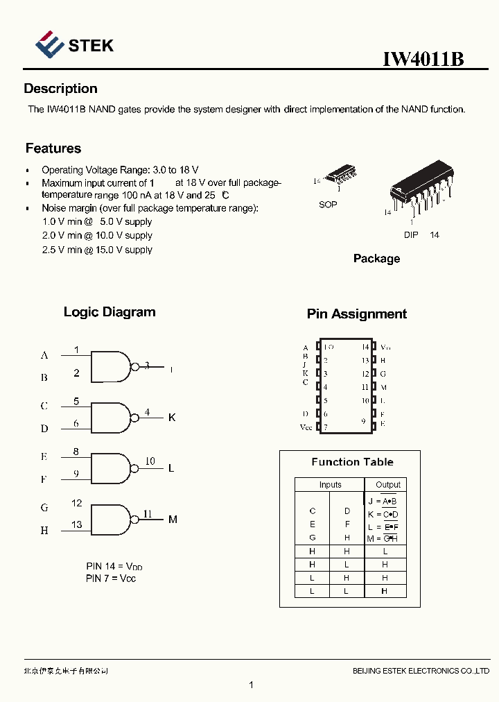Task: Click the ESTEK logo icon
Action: coord(49,45)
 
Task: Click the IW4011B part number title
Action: coord(423,59)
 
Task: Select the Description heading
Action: coord(60,89)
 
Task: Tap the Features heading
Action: coord(53,148)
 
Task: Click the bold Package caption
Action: coord(376,259)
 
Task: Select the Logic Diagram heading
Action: coord(110,312)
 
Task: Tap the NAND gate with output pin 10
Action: coord(111,468)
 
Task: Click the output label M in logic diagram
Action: coord(173,519)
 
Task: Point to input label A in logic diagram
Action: coord(44,355)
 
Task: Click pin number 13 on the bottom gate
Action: coord(76,525)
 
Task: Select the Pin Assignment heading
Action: coord(357,314)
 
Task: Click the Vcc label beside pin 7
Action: coord(306,427)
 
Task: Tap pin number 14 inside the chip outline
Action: coord(365,347)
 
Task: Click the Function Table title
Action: coord(352,462)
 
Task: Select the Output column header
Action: coord(387,485)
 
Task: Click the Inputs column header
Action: coord(330,485)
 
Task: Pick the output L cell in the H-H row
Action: coord(385,551)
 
